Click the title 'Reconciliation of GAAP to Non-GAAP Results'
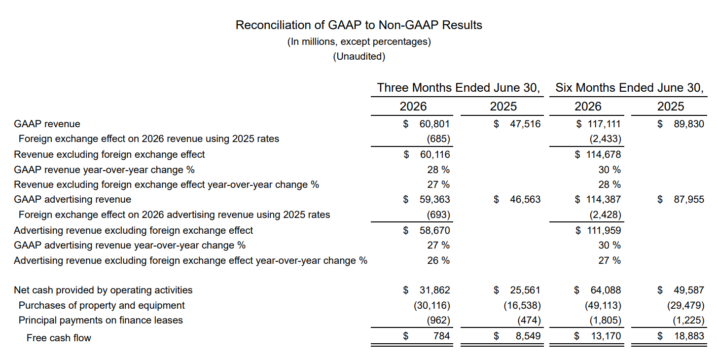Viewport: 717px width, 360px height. tap(359, 25)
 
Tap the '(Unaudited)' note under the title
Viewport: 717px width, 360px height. tap(359, 56)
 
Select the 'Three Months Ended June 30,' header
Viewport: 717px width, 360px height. tap(459, 88)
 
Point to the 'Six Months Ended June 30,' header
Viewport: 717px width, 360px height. tap(629, 88)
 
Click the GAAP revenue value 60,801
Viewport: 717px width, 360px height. tap(434, 124)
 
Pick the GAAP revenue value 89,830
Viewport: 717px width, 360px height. tap(689, 124)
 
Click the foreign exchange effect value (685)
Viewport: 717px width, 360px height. tap(438, 139)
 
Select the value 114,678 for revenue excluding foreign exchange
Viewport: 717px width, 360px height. tap(604, 154)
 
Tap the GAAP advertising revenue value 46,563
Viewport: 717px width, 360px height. tap(525, 199)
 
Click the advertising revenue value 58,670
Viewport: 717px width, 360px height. tap(434, 230)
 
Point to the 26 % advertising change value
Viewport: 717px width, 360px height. tap(438, 260)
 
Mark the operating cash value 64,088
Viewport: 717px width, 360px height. tap(606, 290)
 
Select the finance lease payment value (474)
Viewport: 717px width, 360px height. tap(529, 321)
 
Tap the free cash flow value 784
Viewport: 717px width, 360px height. tap(441, 336)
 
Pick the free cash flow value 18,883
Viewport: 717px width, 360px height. tap(689, 336)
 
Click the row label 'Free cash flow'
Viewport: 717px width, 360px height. tap(59, 338)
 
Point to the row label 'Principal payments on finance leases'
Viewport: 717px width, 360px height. tap(101, 321)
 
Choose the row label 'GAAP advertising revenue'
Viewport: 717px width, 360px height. tap(72, 199)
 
